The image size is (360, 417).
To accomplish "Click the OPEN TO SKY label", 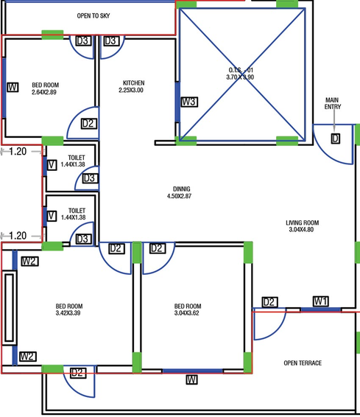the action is (93, 16).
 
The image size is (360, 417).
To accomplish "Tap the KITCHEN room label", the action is (134, 83).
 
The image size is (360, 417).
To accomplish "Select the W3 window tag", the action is (189, 102).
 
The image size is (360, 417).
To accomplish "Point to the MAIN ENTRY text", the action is (332, 103).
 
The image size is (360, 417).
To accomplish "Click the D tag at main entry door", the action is (336, 139).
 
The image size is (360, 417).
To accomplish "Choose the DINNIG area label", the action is (181, 189).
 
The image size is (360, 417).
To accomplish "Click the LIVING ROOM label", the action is (303, 222).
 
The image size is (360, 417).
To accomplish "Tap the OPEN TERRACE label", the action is (303, 363).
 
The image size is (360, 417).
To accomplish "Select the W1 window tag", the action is (321, 301).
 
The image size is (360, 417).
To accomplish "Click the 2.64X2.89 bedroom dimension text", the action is (44, 92).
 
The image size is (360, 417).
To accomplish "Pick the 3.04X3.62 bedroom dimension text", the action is (187, 313).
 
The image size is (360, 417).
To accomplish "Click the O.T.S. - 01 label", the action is (241, 70).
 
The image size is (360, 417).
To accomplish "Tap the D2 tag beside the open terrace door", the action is (270, 302).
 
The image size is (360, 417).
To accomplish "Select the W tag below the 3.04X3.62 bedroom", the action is (191, 379).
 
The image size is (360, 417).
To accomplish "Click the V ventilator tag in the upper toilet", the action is (52, 165).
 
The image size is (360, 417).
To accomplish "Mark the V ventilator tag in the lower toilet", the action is (52, 216).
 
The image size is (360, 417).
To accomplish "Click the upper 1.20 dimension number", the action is (18, 152).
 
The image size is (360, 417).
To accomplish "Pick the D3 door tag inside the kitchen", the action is (111, 41).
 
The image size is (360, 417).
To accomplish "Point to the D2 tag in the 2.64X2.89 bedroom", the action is (89, 124).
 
